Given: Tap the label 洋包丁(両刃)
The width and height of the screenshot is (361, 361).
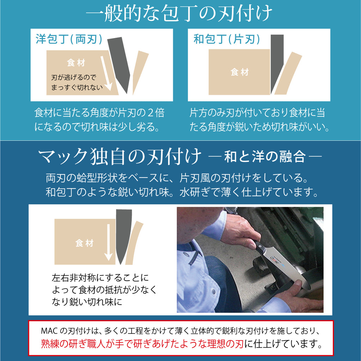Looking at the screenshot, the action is pyautogui.click(x=69, y=39).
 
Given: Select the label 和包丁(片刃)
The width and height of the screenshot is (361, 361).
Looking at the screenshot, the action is pyautogui.click(x=227, y=39).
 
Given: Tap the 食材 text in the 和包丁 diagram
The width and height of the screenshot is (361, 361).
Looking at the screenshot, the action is pyautogui.click(x=240, y=72).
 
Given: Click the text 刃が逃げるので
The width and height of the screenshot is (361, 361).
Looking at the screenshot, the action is pyautogui.click(x=73, y=77).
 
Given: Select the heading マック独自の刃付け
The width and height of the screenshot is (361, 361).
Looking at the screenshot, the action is pyautogui.click(x=120, y=157).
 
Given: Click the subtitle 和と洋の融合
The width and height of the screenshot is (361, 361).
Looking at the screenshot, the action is pyautogui.click(x=265, y=157).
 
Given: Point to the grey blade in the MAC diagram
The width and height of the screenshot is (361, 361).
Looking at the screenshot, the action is pyautogui.click(x=123, y=236).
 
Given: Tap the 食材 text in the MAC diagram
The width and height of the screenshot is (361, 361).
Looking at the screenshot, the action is pyautogui.click(x=85, y=243).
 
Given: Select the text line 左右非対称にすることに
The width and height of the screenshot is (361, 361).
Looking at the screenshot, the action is pyautogui.click(x=100, y=278).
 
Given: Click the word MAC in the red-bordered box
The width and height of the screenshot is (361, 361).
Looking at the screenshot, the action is pyautogui.click(x=49, y=331).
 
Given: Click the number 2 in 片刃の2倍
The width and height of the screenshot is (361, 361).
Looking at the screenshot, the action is pyautogui.click(x=150, y=113).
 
